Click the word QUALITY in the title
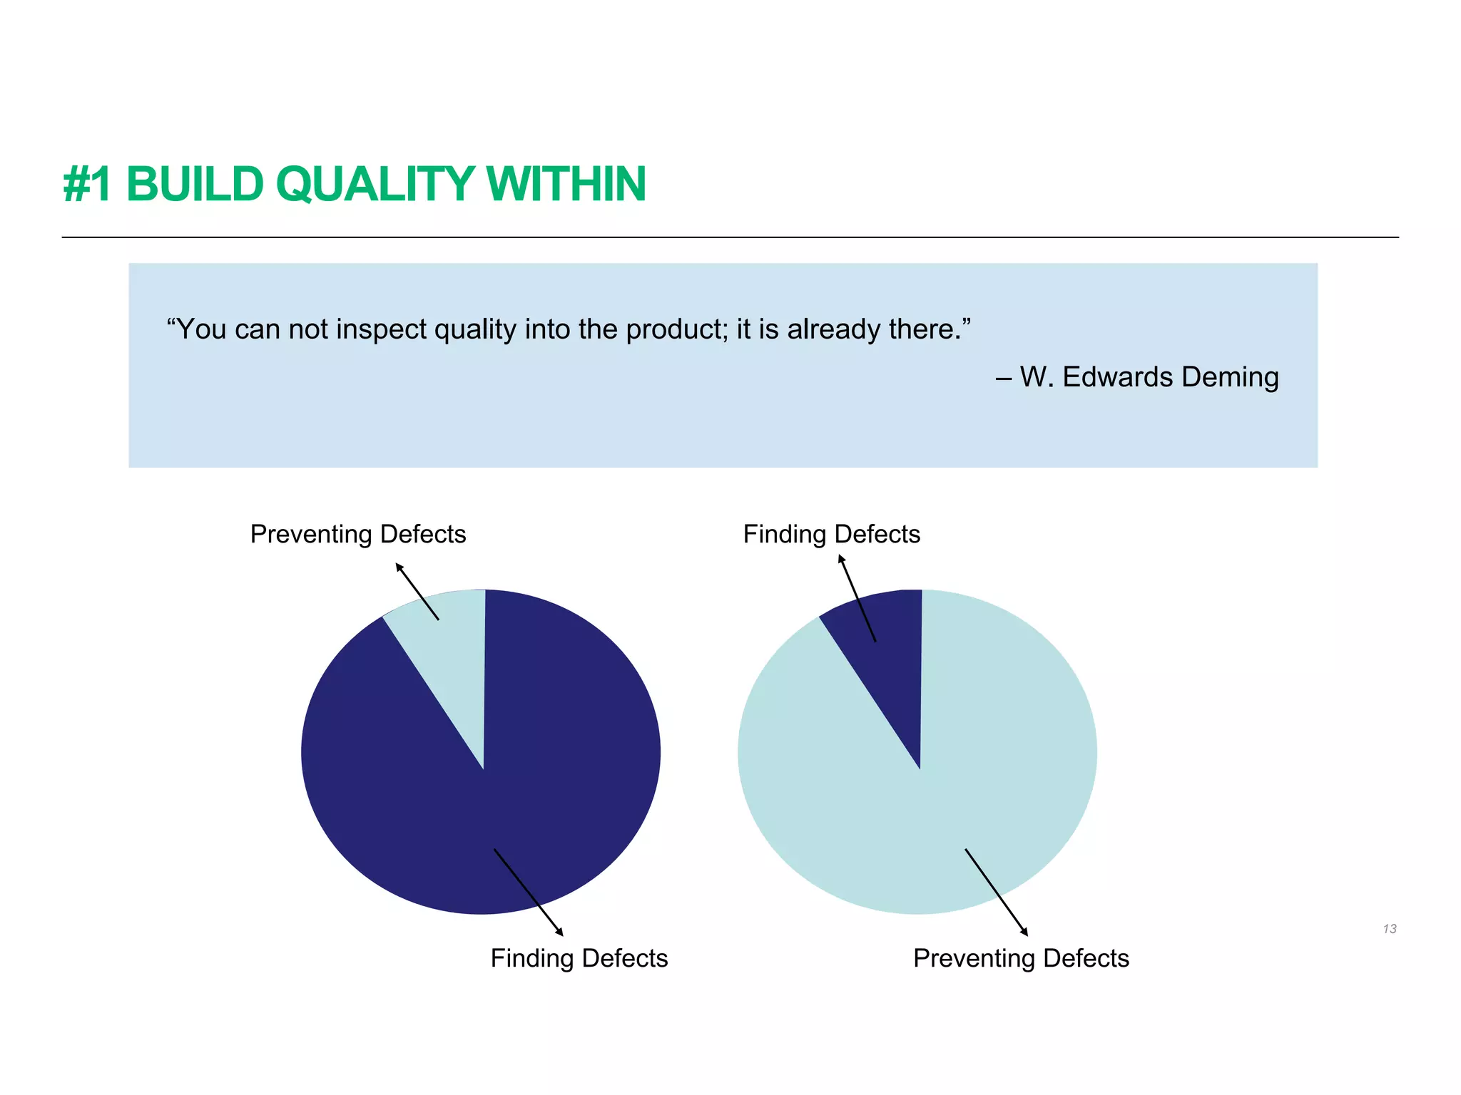pos(375,185)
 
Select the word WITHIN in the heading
pos(566,185)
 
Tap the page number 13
pos(1389,929)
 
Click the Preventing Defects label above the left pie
pos(357,534)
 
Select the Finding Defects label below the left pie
pos(579,958)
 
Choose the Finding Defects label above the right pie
pos(831,534)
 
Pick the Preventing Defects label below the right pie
pos(1020,958)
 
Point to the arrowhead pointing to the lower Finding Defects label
pos(560,932)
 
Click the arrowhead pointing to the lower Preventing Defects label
pos(1025,932)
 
